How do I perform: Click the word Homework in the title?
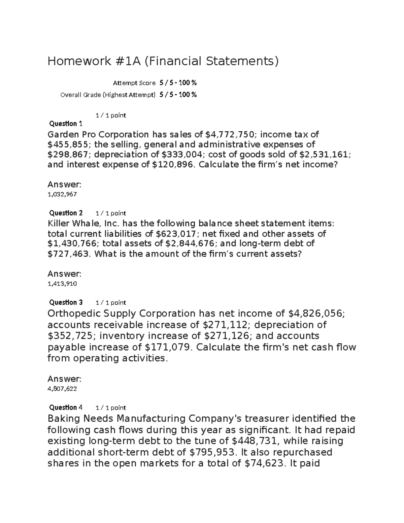point(79,61)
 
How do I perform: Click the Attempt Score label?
point(134,83)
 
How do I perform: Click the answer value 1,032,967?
point(62,194)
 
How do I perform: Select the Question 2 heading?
point(66,213)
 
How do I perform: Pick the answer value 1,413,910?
point(62,284)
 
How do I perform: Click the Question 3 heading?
point(66,302)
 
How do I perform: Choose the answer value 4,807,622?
point(62,389)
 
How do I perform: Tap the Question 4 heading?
point(66,407)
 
